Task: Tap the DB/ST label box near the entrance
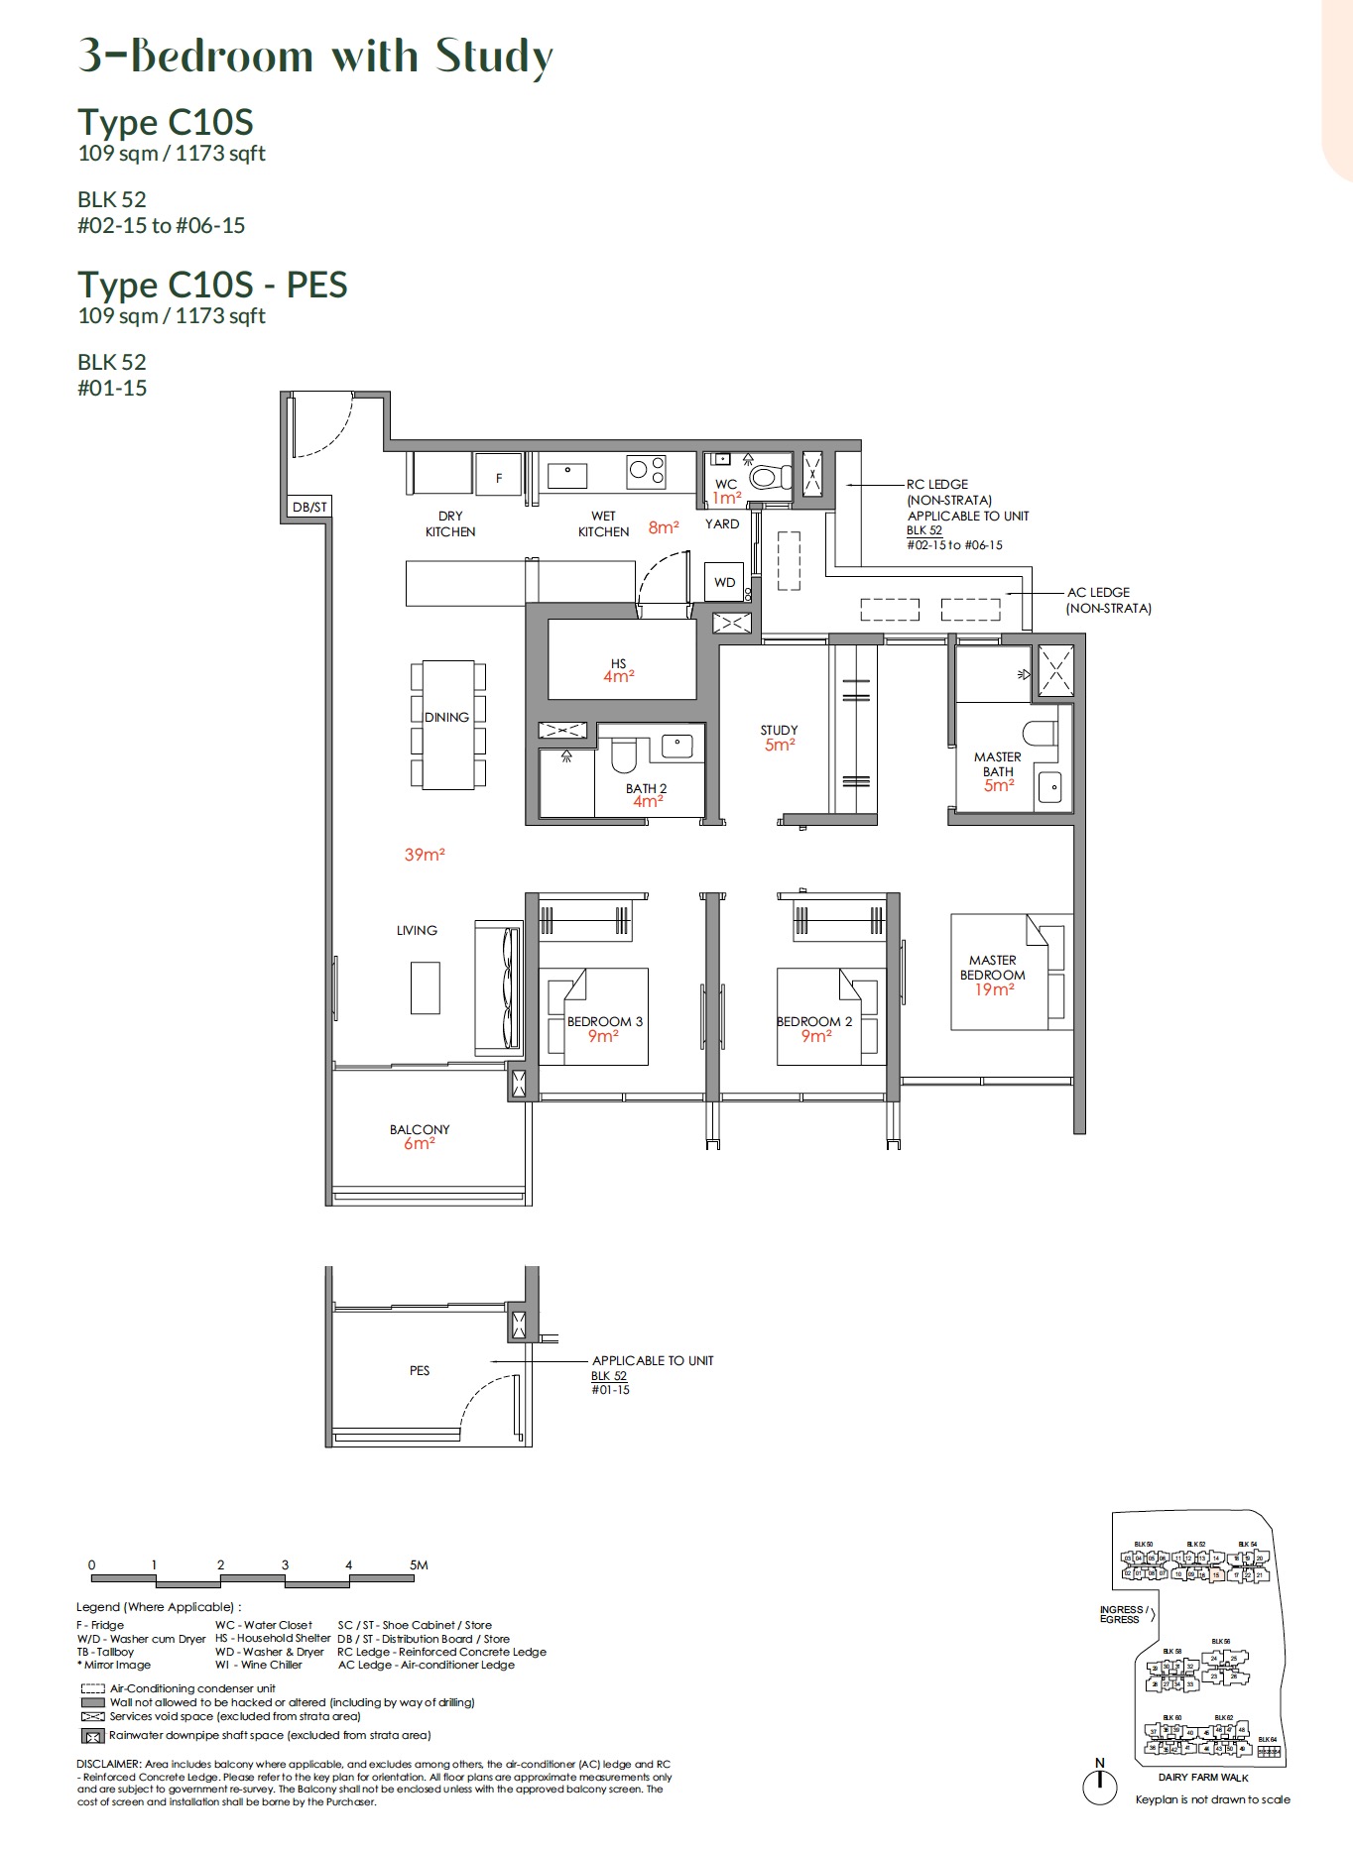pyautogui.click(x=309, y=508)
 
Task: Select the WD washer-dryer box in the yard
pyautogui.click(x=725, y=582)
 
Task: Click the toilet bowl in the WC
pyautogui.click(x=766, y=478)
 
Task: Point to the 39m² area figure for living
pyautogui.click(x=425, y=855)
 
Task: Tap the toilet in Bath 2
pyautogui.click(x=623, y=756)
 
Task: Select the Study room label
pyautogui.click(x=779, y=731)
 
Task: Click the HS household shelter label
pyautogui.click(x=619, y=664)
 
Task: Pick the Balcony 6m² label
pyautogui.click(x=420, y=1136)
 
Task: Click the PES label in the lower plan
pyautogui.click(x=420, y=1370)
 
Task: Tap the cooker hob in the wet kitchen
pyautogui.click(x=647, y=469)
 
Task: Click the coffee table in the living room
pyautogui.click(x=426, y=986)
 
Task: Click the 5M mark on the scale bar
pyautogui.click(x=419, y=1564)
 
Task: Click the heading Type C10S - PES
pyautogui.click(x=213, y=286)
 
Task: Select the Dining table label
pyautogui.click(x=446, y=717)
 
